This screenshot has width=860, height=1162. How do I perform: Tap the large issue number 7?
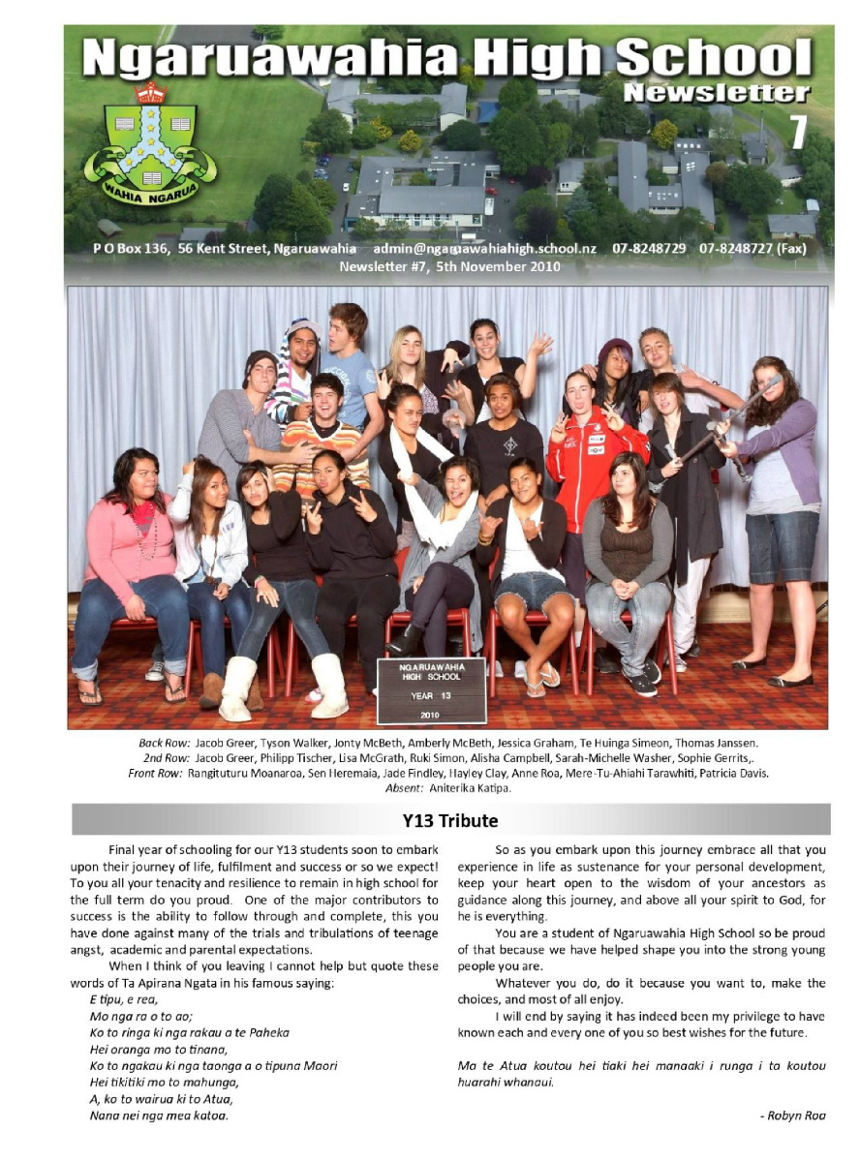point(799,132)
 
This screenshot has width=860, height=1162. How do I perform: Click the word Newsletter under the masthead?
point(716,93)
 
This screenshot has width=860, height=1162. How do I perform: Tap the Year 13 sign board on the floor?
point(430,688)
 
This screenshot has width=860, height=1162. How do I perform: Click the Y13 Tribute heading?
point(449,821)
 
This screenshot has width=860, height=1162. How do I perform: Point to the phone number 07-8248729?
point(649,249)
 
